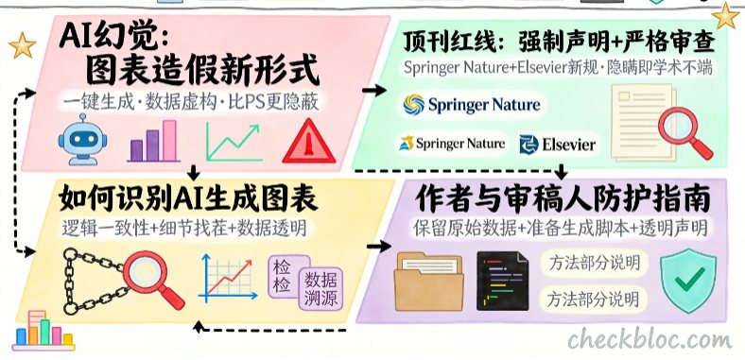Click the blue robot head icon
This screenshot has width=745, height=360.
[x=82, y=139]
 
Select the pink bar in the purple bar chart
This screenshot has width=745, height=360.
[x=169, y=141]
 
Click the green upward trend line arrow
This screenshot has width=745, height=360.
[x=234, y=142]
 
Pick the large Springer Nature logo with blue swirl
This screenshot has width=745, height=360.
[x=472, y=105]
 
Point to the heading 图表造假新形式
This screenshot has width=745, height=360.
[x=201, y=72]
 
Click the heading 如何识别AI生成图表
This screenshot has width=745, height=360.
[x=188, y=198]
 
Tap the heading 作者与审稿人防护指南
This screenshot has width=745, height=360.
[x=563, y=198]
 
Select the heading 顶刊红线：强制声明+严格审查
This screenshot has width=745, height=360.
[x=559, y=43]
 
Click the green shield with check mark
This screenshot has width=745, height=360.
[x=688, y=281]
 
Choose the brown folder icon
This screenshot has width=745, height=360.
[x=429, y=282]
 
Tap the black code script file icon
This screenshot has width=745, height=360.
[x=503, y=282]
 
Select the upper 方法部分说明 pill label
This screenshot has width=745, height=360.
[x=594, y=263]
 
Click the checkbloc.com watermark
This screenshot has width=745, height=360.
[x=649, y=339]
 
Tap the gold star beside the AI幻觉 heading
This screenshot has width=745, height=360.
[x=22, y=45]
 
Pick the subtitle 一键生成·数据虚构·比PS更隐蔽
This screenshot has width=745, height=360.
[x=190, y=102]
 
